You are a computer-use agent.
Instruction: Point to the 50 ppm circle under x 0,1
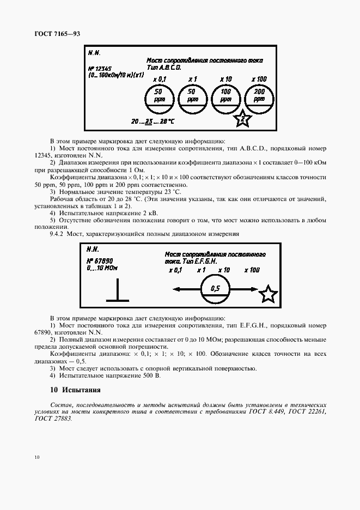pos(159,97)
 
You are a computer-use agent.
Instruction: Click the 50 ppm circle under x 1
pos(192,97)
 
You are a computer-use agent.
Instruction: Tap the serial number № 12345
pos(99,69)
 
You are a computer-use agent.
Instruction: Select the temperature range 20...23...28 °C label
pos(152,120)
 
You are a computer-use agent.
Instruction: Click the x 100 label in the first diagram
pos(259,80)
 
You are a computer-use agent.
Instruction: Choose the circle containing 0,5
pos(215,289)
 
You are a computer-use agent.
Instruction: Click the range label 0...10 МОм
pos(102,268)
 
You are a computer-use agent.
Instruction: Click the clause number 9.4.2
pos(57,234)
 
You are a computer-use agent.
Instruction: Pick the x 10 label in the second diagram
pos(224,270)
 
